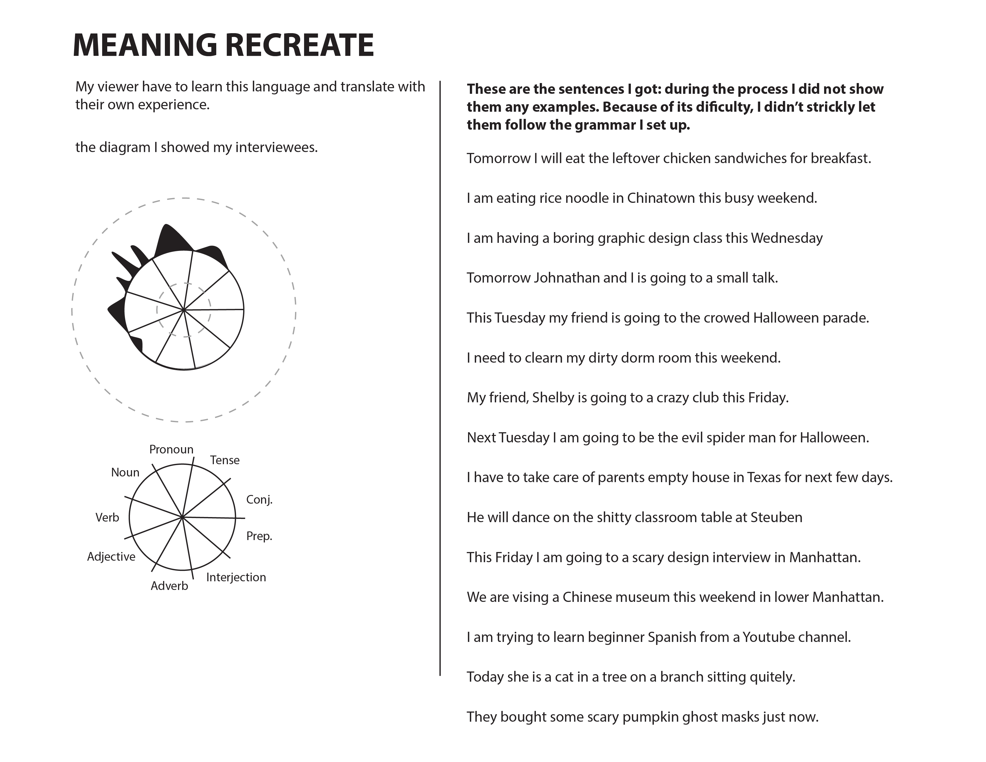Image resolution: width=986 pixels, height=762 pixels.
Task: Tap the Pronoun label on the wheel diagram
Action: point(171,450)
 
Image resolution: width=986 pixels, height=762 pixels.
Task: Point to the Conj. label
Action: point(259,500)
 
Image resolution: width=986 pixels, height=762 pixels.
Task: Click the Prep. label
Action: point(259,536)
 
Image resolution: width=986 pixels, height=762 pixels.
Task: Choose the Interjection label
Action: point(236,577)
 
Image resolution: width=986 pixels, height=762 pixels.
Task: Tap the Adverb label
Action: point(169,586)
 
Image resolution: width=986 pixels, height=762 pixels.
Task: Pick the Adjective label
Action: point(111,556)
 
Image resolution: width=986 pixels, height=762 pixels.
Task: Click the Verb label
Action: point(107,517)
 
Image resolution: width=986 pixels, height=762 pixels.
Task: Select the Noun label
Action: point(125,473)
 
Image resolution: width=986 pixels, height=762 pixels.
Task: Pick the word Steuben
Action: point(776,517)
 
